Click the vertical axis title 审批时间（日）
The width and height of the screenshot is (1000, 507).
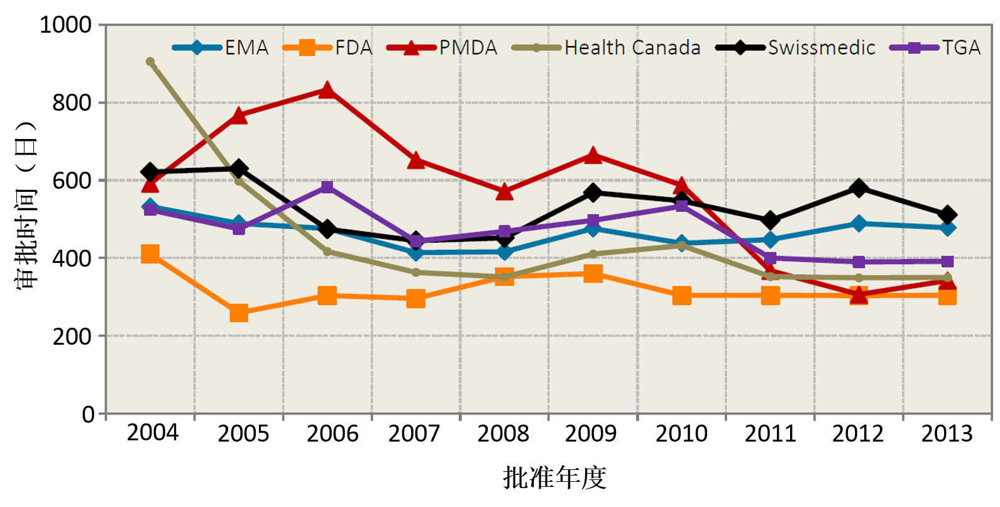(x=26, y=204)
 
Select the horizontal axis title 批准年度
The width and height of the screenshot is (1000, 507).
(x=549, y=477)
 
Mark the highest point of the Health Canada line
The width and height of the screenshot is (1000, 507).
(x=150, y=62)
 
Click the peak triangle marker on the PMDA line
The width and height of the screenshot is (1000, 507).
(x=327, y=90)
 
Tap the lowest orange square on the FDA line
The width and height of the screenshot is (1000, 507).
(x=239, y=313)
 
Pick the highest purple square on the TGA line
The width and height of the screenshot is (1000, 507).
(x=327, y=187)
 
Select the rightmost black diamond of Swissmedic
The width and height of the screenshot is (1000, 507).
(x=947, y=215)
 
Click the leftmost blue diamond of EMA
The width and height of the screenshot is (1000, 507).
(x=150, y=206)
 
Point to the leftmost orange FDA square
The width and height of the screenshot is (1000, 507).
(x=150, y=254)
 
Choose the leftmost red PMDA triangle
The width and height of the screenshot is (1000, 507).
(x=150, y=184)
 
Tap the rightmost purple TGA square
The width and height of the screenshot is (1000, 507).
(x=947, y=261)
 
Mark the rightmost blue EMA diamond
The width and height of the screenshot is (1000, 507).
(x=947, y=228)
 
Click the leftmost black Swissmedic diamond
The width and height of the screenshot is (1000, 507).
(x=150, y=172)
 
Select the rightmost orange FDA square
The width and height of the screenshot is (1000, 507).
(x=947, y=296)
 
